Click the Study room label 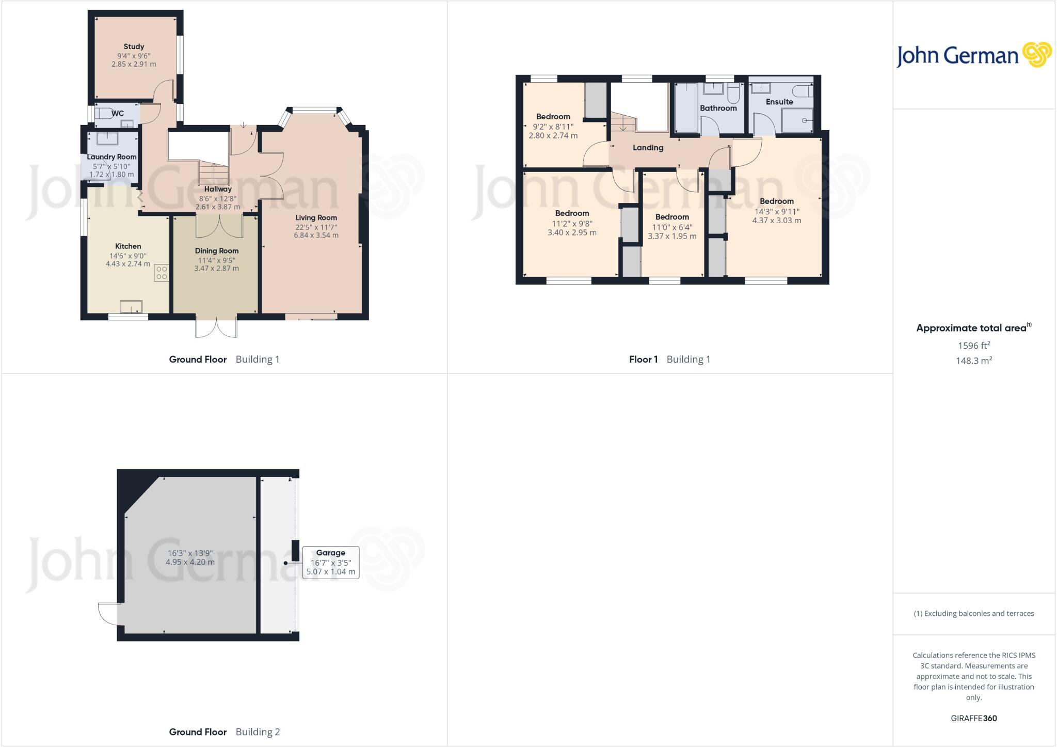(x=134, y=46)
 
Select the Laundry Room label (x=111, y=157)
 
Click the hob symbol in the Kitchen (x=161, y=273)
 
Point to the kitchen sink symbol (x=131, y=306)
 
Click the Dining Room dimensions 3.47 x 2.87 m (x=216, y=268)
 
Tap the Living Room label (x=316, y=217)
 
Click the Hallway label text (x=217, y=189)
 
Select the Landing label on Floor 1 (x=648, y=148)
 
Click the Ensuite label (x=779, y=102)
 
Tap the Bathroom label (x=718, y=108)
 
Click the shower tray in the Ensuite (x=797, y=120)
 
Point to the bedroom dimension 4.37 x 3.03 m (x=776, y=220)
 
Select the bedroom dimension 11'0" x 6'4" (x=672, y=227)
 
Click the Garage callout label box (x=330, y=562)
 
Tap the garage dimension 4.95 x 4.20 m (x=190, y=562)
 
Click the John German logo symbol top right (x=1037, y=54)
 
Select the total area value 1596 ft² (x=973, y=345)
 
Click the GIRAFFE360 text (x=973, y=718)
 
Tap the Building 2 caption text (x=258, y=732)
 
